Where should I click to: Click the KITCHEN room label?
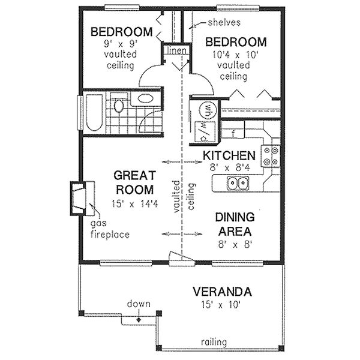[230, 155]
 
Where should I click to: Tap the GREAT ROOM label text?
[135, 182]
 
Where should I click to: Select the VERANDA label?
[222, 292]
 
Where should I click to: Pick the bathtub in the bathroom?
[93, 112]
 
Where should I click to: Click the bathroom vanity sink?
[145, 98]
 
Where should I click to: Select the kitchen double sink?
[238, 182]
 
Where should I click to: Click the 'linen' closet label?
[177, 50]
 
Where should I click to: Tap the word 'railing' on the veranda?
[214, 343]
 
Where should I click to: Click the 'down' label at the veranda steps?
[139, 304]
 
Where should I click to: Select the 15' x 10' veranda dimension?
[222, 305]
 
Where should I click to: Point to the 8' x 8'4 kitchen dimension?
[229, 167]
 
